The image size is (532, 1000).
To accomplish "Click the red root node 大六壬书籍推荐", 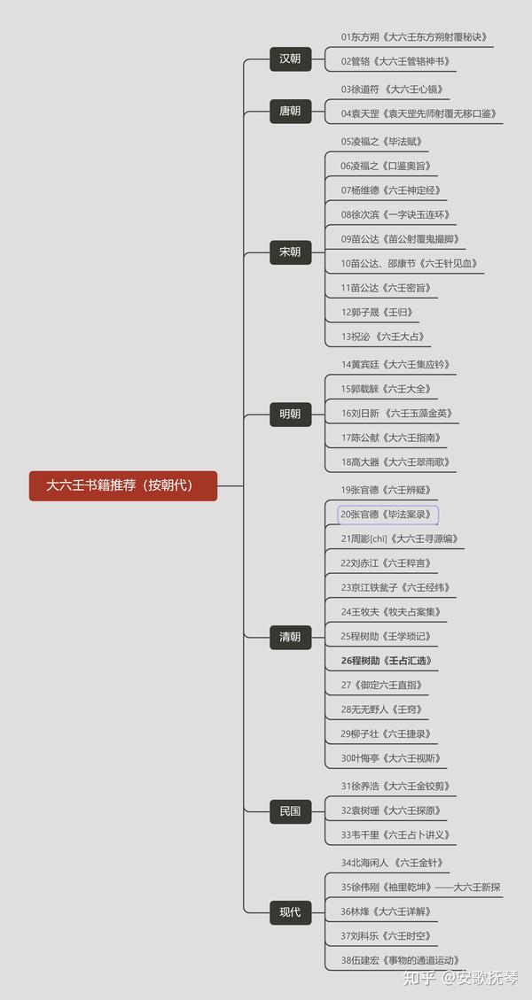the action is [x=123, y=485].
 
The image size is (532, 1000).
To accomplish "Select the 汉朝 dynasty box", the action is [x=290, y=59].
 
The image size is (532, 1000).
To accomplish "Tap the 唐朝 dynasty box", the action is [x=290, y=111].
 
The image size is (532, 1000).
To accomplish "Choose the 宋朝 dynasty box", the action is [x=290, y=252].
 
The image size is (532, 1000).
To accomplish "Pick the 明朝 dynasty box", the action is [x=290, y=414].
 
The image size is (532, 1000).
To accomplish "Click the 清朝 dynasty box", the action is [x=290, y=636].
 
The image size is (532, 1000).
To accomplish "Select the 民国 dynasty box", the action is [x=290, y=810].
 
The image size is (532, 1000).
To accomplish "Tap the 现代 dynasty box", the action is [x=290, y=911].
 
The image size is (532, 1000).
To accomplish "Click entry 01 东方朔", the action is [x=415, y=37].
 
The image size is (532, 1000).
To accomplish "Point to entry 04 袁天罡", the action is [x=419, y=114].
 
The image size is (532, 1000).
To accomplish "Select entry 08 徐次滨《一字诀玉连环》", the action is [x=396, y=214].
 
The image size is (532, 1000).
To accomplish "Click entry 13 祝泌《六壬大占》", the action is [x=383, y=337].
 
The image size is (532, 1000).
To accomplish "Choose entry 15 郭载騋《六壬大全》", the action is [x=387, y=389].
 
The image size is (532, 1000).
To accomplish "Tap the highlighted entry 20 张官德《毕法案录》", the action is [x=387, y=515].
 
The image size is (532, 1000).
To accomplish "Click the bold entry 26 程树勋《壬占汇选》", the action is [x=387, y=661].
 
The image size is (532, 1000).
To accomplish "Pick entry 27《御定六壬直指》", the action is [x=382, y=685].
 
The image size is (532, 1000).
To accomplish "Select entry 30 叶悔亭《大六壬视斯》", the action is [x=391, y=758].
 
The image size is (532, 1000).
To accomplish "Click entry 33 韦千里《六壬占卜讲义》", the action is [x=396, y=834].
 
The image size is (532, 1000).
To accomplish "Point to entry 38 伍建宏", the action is [x=401, y=960].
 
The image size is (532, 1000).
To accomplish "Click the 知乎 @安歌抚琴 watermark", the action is [x=461, y=977].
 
